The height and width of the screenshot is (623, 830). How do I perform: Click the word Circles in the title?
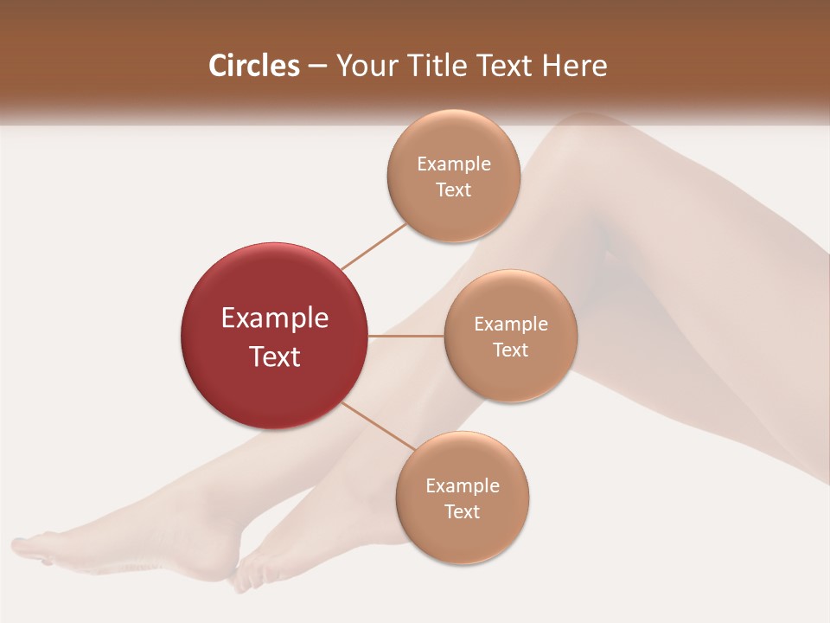pyautogui.click(x=254, y=66)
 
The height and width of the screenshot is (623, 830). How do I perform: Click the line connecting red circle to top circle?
pyautogui.click(x=373, y=246)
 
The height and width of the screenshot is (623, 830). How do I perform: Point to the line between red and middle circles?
pyautogui.click(x=406, y=336)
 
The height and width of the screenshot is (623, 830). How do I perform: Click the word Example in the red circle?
pyautogui.click(x=275, y=318)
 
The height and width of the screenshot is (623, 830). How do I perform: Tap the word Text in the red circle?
pyautogui.click(x=275, y=356)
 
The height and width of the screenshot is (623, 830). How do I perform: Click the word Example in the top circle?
pyautogui.click(x=453, y=164)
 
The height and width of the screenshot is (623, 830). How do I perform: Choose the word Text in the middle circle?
pyautogui.click(x=510, y=350)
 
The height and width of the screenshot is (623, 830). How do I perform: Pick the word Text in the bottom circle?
pyautogui.click(x=462, y=511)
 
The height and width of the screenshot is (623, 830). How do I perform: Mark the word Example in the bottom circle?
pyautogui.click(x=462, y=485)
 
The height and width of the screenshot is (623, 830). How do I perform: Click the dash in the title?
pyautogui.click(x=317, y=67)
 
